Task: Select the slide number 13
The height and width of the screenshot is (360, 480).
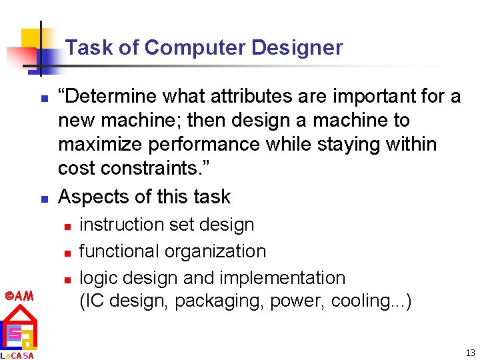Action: coord(471,353)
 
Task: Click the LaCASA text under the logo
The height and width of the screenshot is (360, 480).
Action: coord(17,355)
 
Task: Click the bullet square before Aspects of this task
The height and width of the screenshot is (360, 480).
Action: coord(43,199)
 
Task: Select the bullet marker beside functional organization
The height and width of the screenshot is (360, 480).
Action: coord(68,253)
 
